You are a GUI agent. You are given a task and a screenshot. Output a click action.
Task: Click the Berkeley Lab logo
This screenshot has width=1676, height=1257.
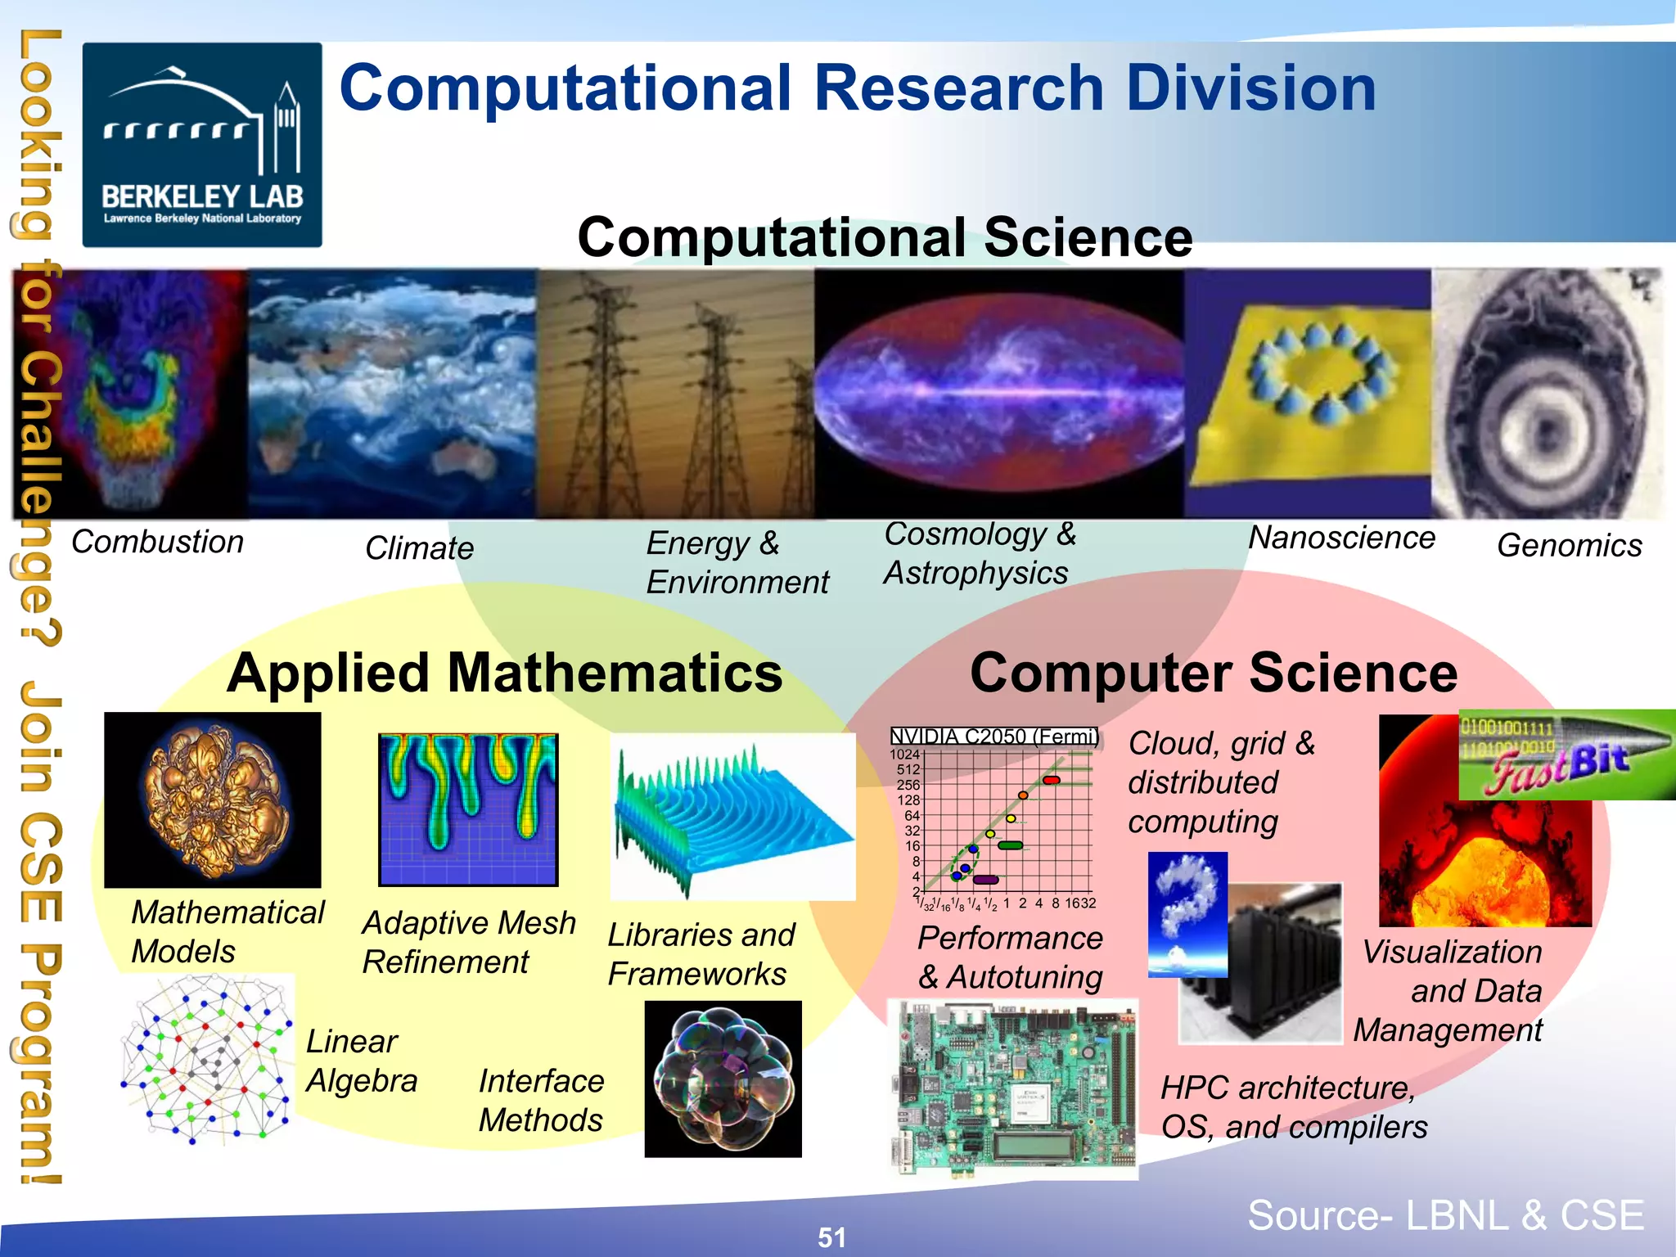coord(201,145)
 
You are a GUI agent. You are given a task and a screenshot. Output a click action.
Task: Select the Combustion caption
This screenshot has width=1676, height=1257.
coord(157,542)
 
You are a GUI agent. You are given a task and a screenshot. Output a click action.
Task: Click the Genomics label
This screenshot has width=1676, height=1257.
coord(1569,545)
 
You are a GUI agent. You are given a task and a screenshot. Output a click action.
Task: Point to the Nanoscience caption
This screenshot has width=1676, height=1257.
coord(1341,538)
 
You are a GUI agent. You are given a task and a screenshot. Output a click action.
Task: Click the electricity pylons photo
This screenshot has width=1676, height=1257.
coord(675,393)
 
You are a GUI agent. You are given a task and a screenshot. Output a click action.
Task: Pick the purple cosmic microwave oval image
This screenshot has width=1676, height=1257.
coord(998,393)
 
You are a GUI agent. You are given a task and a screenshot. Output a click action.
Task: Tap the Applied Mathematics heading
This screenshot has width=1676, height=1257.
coord(504,673)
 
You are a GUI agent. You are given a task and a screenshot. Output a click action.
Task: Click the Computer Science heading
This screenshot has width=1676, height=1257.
coord(1213,673)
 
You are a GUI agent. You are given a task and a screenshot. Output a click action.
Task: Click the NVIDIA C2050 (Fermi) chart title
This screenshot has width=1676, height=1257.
coord(993,737)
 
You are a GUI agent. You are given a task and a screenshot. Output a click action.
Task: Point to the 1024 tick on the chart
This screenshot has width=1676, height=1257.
coord(904,754)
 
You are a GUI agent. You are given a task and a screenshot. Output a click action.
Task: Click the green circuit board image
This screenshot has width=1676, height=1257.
coord(1013,1088)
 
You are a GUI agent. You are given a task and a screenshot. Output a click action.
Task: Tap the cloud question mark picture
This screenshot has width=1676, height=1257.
coord(1187,912)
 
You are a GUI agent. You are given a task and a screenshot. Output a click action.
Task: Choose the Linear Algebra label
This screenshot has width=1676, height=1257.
coord(361,1061)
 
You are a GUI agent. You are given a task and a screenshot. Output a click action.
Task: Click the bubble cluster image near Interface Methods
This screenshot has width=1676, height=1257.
coord(723,1079)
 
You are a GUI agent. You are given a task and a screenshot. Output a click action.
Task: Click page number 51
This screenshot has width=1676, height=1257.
coord(831,1237)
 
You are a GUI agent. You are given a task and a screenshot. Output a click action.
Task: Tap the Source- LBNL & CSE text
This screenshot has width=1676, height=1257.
coord(1445,1214)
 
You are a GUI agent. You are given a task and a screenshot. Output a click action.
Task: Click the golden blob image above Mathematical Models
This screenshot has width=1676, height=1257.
coord(213,800)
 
